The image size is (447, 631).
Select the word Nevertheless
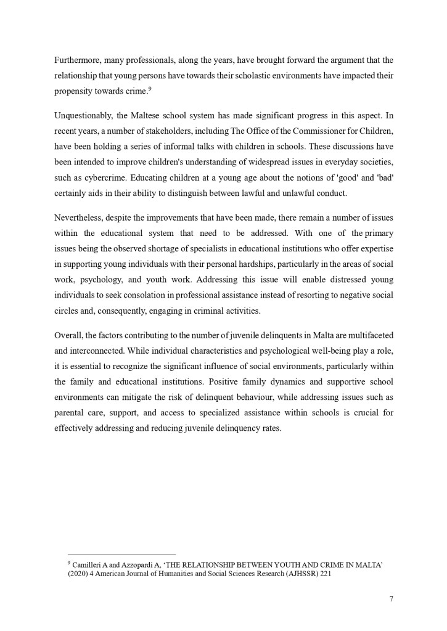pyautogui.click(x=80, y=218)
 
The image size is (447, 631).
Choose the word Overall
pyautogui.click(x=68, y=335)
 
